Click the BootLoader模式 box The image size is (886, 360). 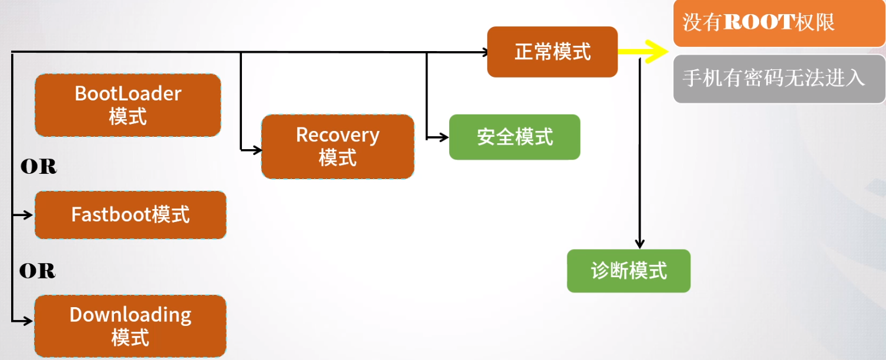click(128, 105)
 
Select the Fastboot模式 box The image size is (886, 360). click(130, 215)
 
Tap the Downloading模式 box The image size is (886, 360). click(130, 327)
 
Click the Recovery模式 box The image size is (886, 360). click(338, 147)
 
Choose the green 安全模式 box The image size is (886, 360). click(514, 137)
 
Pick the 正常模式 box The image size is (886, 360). click(552, 52)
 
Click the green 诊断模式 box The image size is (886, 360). click(628, 271)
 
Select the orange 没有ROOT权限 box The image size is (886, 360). click(779, 23)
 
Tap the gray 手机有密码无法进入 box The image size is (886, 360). click(779, 79)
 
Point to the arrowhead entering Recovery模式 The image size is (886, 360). click(257, 150)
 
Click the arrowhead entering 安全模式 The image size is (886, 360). click(444, 138)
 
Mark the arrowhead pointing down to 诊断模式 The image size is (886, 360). click(640, 243)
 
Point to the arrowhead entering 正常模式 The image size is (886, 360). click(484, 52)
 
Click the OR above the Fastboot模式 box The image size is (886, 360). click(39, 167)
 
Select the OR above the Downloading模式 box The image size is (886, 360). click(38, 271)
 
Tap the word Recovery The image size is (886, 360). click(338, 135)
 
